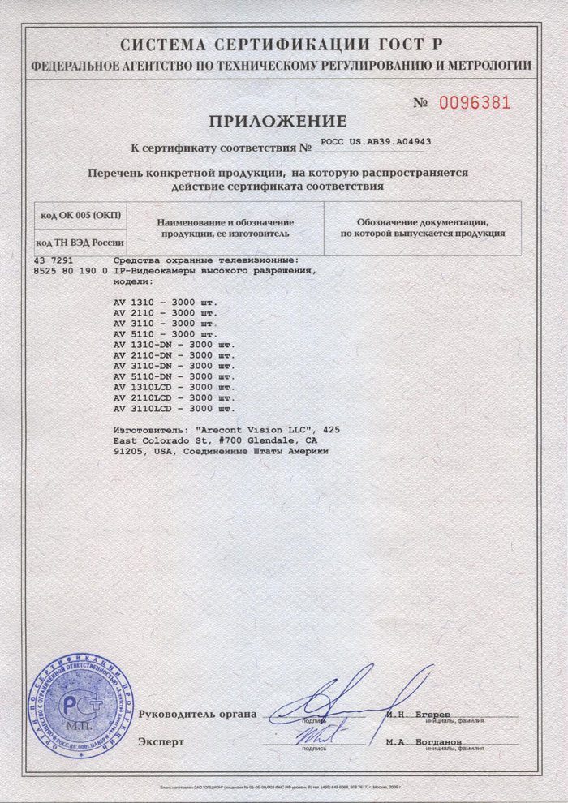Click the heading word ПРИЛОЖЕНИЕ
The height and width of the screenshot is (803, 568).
click(278, 122)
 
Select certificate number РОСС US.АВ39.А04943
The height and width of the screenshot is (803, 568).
click(376, 141)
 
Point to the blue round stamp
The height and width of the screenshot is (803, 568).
click(80, 706)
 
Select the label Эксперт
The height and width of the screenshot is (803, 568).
click(161, 741)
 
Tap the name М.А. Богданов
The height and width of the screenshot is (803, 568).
click(424, 741)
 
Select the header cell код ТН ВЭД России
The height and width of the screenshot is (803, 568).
click(80, 243)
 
